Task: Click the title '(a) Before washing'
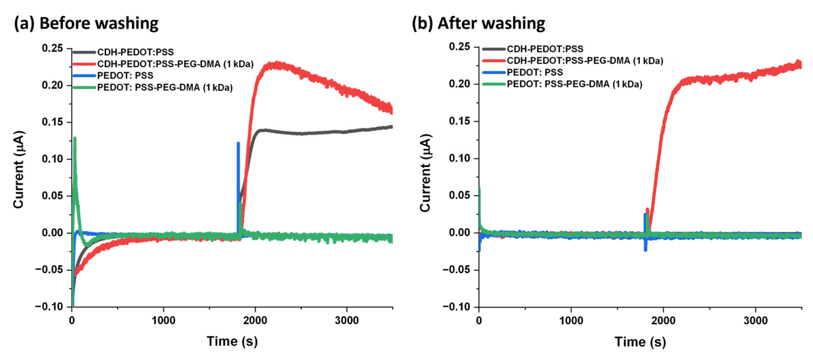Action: (86, 23)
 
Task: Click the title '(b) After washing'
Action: (478, 23)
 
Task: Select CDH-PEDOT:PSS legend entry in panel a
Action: (135, 52)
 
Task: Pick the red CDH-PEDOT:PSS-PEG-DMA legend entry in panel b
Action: (585, 60)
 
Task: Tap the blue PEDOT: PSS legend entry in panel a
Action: (125, 75)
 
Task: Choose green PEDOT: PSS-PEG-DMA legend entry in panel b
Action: (574, 84)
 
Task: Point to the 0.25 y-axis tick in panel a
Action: (52, 48)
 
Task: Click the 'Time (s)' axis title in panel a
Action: (232, 341)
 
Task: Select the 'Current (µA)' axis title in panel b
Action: (425, 173)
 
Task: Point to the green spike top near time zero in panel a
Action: (75, 138)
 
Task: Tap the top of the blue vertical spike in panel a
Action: (238, 143)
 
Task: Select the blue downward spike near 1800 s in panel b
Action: (645, 249)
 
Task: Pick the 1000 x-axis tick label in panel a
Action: (163, 320)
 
